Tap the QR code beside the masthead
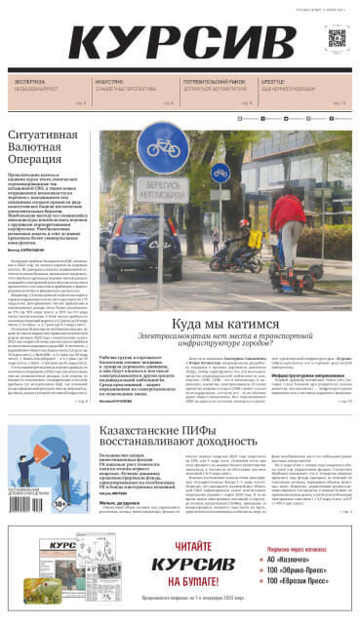337,38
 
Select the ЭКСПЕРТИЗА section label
28,82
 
